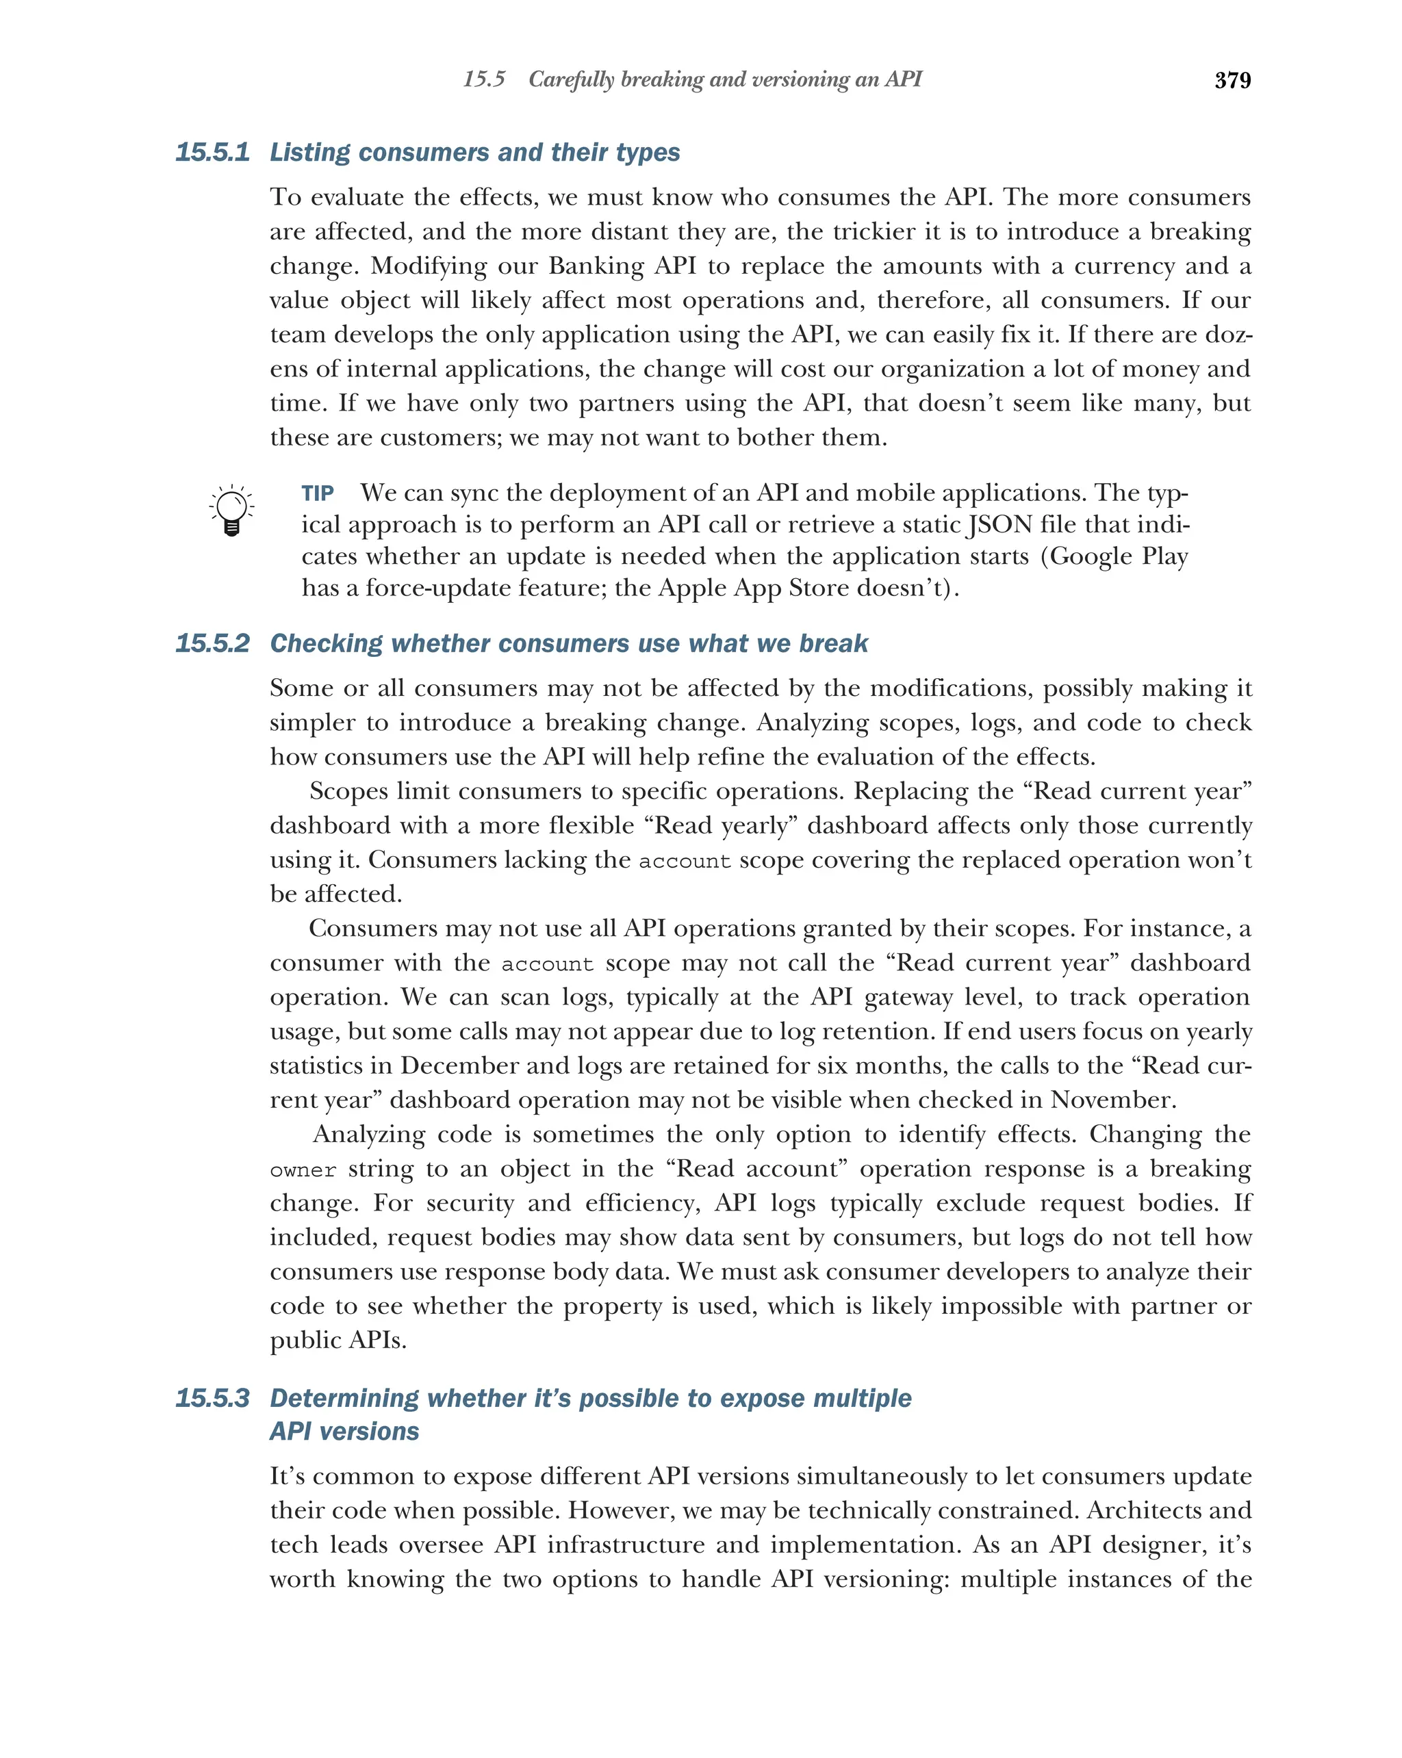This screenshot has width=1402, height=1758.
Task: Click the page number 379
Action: (x=1232, y=80)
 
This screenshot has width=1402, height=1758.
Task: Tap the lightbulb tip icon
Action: (x=231, y=510)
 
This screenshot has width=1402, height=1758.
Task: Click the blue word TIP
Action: (x=317, y=493)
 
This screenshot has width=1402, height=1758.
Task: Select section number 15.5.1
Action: (x=212, y=153)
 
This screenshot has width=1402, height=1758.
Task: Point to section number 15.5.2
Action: (x=212, y=643)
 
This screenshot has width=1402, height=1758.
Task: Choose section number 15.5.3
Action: (x=212, y=1397)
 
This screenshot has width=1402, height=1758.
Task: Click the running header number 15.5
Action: (x=483, y=79)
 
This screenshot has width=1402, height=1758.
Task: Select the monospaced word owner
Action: (x=303, y=1170)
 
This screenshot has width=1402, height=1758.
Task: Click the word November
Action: (x=1112, y=1100)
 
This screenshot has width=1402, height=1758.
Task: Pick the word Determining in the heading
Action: (x=345, y=1397)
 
